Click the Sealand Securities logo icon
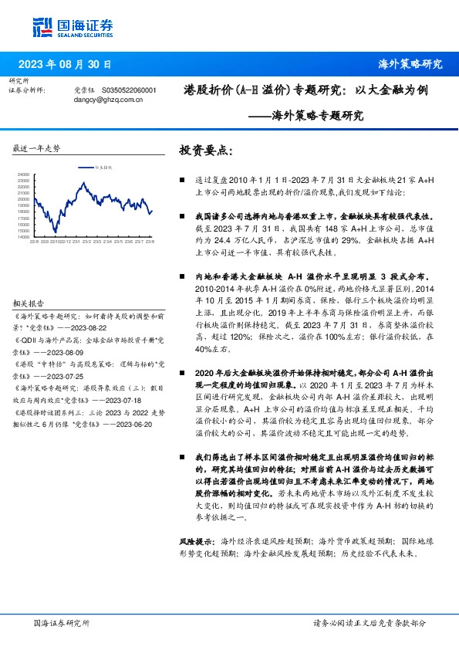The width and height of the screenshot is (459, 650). [43, 25]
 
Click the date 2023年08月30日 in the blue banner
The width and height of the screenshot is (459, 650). [66, 63]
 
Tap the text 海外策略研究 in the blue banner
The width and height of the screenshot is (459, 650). [410, 63]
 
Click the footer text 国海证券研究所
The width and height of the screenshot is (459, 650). [62, 622]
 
